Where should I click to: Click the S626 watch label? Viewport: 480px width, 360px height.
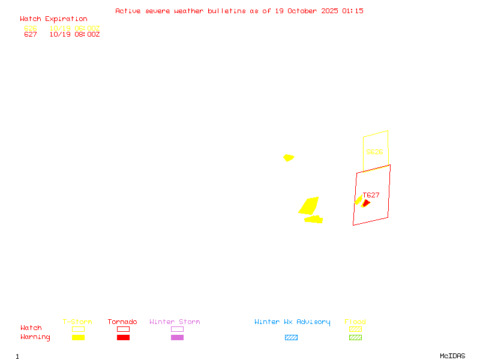[x=374, y=152]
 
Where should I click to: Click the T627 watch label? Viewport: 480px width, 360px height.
[x=371, y=195]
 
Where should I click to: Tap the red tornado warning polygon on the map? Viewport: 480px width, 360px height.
[x=366, y=203]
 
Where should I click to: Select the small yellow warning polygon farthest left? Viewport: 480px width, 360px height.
[x=289, y=158]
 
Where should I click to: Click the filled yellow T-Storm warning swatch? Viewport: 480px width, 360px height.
[x=78, y=337]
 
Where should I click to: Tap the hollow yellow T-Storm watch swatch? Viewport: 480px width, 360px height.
[x=78, y=329]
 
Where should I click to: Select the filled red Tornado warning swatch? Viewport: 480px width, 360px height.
[x=123, y=337]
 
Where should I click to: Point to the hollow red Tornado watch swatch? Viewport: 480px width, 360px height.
[x=123, y=329]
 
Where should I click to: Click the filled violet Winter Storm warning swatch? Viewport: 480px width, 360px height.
[x=177, y=337]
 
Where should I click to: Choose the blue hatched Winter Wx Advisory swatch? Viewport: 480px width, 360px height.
[x=291, y=337]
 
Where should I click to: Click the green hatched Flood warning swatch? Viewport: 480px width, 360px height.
[x=355, y=337]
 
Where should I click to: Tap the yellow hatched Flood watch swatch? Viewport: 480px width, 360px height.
[x=355, y=329]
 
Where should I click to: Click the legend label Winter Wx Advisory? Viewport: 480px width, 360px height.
[x=292, y=322]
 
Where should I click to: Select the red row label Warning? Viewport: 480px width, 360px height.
[x=35, y=337]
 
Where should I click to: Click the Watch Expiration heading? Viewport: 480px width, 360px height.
[x=53, y=19]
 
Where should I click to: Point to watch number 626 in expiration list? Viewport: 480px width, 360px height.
[x=31, y=28]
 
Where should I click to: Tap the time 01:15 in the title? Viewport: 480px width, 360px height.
[x=353, y=11]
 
